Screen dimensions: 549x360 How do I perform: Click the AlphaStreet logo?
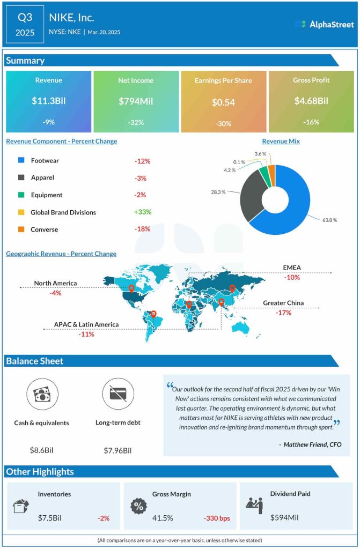point(324,24)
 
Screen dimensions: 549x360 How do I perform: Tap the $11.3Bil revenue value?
point(48,101)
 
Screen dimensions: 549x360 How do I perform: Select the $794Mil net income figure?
point(136,101)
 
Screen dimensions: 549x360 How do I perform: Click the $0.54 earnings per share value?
point(223,101)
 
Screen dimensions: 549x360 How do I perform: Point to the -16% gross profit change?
point(311,122)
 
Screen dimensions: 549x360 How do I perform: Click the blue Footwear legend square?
point(21,160)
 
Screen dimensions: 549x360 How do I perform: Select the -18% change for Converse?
point(142,229)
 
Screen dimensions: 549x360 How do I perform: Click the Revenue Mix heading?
point(281,142)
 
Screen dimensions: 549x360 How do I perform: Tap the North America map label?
point(55,283)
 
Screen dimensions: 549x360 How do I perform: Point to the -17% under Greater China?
point(283,313)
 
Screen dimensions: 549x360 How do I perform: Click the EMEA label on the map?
point(292,268)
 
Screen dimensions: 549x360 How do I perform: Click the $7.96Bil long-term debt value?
point(117,450)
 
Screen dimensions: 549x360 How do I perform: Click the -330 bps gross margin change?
point(217,518)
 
